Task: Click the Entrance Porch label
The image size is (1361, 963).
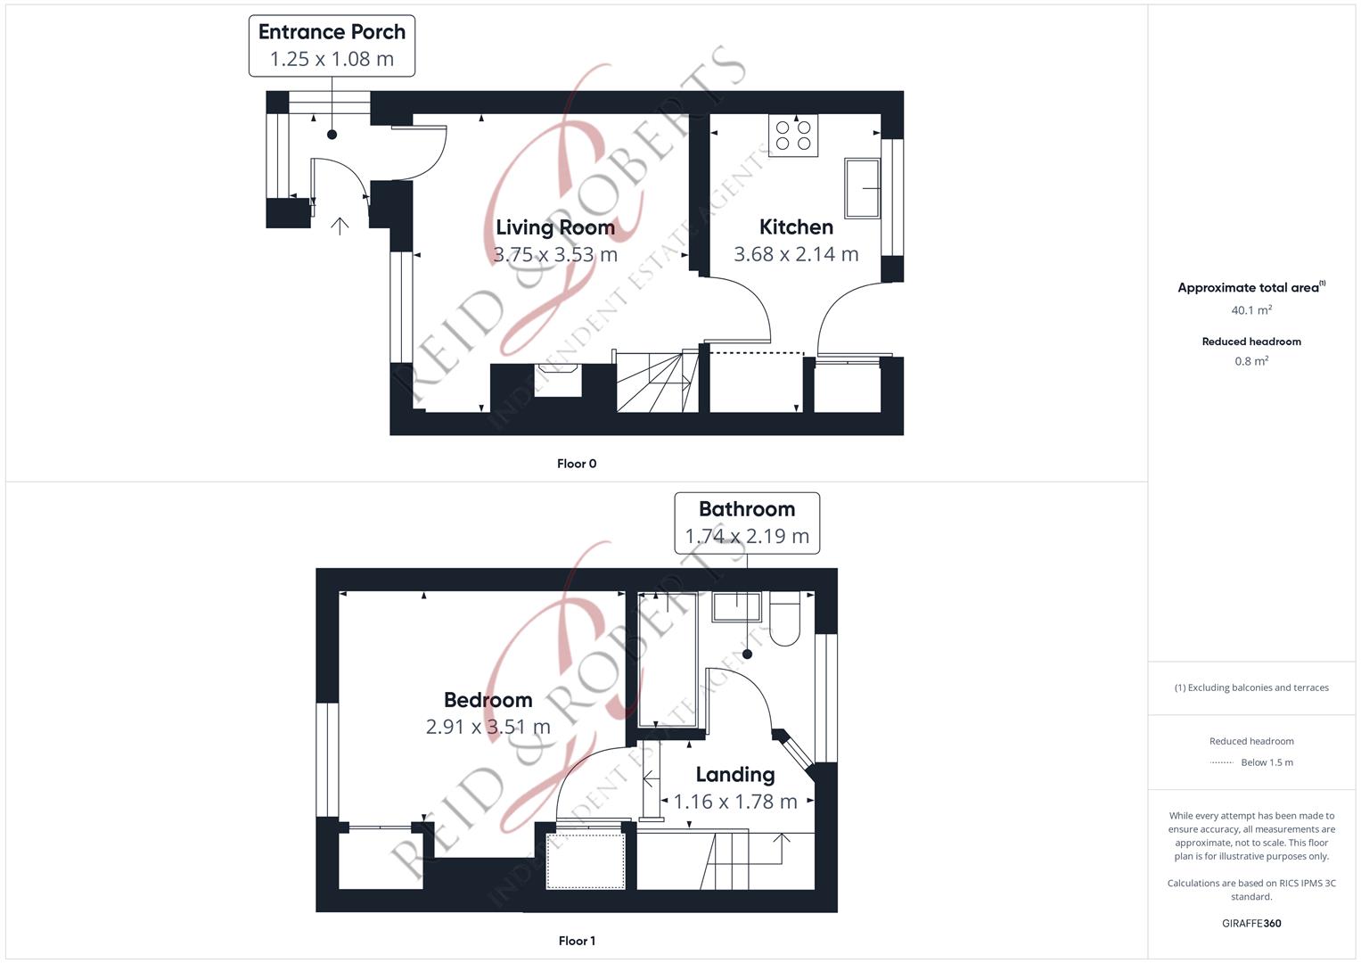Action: (332, 45)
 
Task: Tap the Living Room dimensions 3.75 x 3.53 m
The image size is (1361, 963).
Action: (554, 254)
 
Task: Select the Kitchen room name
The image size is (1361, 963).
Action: (796, 226)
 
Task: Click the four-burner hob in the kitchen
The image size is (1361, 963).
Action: (793, 135)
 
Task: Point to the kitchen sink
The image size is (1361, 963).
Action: (862, 188)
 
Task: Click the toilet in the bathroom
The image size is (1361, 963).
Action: (784, 618)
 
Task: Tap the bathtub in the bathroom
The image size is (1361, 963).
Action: (668, 659)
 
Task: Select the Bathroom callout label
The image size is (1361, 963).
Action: (747, 523)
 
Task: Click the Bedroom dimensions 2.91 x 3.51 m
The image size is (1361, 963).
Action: (488, 727)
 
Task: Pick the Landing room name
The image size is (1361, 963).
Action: (735, 775)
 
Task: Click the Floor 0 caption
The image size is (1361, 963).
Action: (577, 464)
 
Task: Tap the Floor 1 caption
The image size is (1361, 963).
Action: (577, 941)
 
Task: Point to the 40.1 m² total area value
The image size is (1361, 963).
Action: (1251, 310)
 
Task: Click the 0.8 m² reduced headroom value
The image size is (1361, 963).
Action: (1251, 361)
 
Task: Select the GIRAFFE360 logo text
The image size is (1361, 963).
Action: (1251, 924)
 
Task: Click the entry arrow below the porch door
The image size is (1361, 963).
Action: (340, 226)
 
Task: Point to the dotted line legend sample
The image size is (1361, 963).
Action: (1221, 762)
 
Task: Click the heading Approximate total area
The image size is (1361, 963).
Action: (1251, 287)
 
